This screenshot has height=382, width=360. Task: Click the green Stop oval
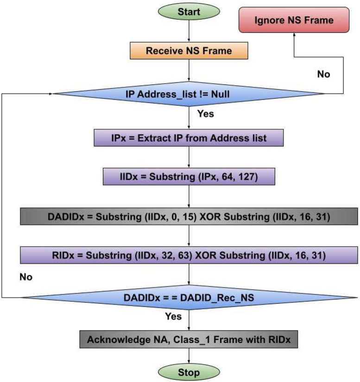tap(189, 372)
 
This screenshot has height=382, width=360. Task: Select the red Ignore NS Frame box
tap(294, 20)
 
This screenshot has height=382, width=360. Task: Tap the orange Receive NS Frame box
tap(189, 51)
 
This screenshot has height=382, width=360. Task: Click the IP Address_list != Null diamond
tap(189, 94)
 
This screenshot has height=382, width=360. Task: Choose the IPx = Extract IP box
tap(189, 138)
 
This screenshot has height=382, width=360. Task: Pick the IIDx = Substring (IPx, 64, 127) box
tap(189, 177)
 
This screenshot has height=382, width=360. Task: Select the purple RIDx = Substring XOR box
tap(189, 255)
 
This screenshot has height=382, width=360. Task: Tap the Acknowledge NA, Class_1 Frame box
tap(189, 340)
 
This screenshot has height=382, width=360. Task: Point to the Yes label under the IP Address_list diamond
tap(206, 113)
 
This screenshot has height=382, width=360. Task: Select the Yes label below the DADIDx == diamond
tap(173, 317)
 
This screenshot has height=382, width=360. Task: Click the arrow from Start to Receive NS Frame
tap(189, 32)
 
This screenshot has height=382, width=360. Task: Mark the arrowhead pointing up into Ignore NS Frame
tap(294, 37)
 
